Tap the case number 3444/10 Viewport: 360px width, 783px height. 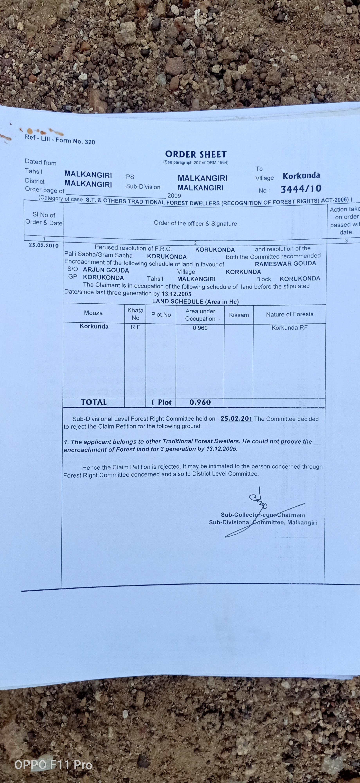point(301,189)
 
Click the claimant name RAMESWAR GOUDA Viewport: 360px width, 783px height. point(285,263)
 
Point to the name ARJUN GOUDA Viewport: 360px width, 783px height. point(106,270)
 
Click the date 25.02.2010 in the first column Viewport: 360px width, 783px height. point(44,245)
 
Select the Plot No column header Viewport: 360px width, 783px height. point(161,315)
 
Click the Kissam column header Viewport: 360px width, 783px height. point(239,315)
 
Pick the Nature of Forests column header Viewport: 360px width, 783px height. point(290,314)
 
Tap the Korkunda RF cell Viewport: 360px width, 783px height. point(289,328)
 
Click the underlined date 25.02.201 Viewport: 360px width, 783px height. point(236,418)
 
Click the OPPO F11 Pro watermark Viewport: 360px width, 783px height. point(53,764)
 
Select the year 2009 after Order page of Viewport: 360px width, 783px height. point(174,196)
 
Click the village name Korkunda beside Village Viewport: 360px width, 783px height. point(301,176)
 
